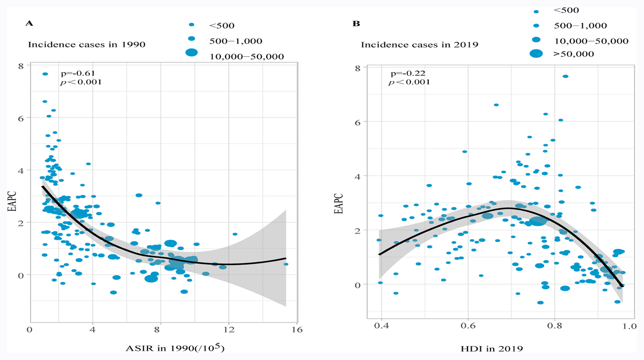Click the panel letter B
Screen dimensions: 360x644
[355, 24]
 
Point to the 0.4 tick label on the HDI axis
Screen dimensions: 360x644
[382, 326]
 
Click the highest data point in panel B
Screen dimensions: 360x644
[565, 76]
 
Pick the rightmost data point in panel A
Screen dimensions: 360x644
[286, 264]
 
